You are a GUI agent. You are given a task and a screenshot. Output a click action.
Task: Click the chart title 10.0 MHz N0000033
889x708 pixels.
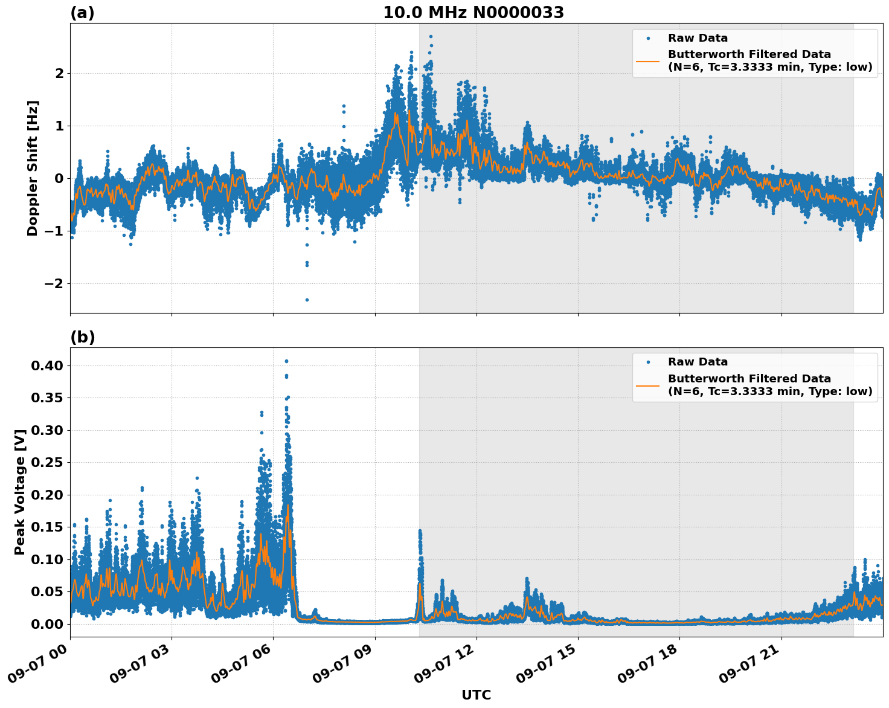473,13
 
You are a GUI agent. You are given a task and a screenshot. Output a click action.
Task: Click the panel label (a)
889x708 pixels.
82,13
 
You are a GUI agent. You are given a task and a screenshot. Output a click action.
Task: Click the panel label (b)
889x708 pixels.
82,337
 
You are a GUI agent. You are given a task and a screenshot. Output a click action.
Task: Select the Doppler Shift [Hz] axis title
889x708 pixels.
33,168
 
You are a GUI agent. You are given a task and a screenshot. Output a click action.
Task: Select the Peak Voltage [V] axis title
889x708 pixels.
20,492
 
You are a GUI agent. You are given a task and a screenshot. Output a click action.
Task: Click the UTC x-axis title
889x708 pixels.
476,695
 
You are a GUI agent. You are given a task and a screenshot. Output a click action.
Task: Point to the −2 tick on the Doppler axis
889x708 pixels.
56,283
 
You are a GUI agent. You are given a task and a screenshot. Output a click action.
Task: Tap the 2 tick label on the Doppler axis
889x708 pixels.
59,74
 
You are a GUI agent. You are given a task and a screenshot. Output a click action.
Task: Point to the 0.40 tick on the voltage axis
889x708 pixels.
47,365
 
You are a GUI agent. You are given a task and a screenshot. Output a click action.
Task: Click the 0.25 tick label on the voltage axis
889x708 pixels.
47,462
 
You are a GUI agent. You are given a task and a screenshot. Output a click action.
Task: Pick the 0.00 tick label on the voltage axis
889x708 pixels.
47,624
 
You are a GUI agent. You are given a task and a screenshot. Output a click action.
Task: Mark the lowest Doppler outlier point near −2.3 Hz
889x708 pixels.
307,300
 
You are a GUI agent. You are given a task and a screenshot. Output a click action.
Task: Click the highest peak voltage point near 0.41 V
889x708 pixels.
286,361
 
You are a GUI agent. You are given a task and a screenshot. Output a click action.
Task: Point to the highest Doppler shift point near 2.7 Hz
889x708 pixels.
431,37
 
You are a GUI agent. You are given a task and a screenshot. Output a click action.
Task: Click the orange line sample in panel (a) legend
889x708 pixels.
648,61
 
